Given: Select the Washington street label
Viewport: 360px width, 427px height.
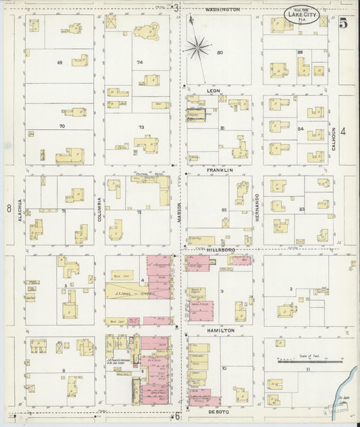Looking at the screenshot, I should click(x=222, y=9).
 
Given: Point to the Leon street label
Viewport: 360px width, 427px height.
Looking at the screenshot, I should click(x=214, y=89).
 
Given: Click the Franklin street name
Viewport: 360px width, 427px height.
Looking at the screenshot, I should click(x=220, y=170).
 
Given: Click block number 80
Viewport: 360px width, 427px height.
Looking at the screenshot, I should click(x=220, y=53).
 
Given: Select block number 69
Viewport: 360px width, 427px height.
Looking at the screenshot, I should click(x=60, y=63).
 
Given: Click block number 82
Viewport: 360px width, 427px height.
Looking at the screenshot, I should click(x=224, y=210).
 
